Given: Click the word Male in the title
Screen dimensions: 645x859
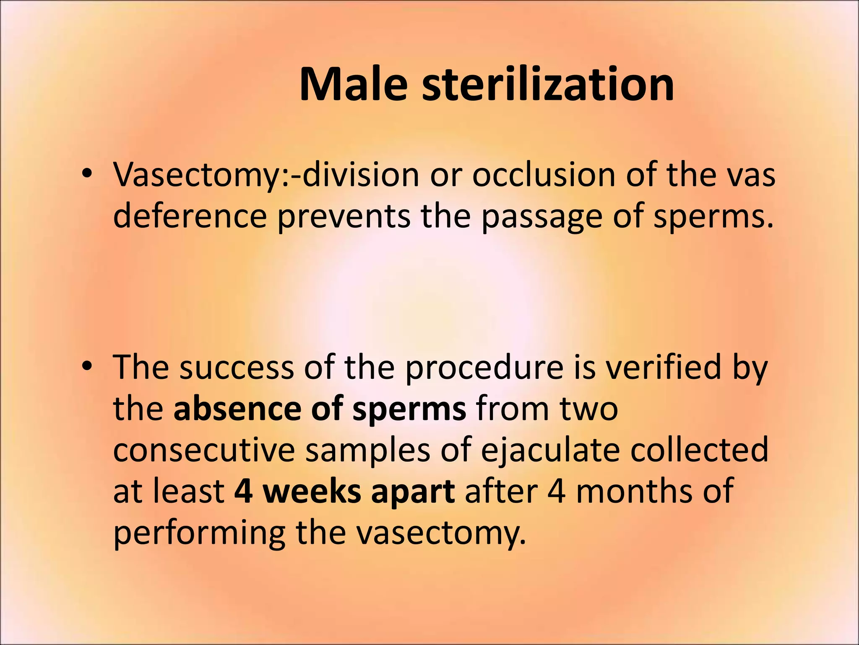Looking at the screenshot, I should point(353,84).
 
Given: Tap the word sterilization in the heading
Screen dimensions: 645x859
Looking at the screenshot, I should point(548,84).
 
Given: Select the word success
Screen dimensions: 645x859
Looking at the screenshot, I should point(237,367).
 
